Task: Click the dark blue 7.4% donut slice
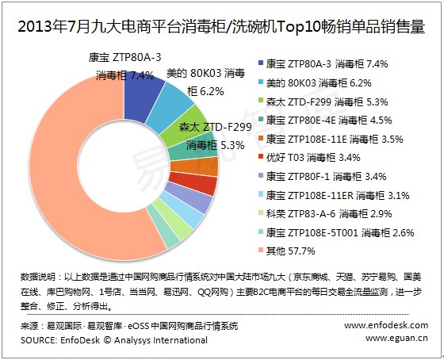pos(142,98)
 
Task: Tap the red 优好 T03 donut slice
pos(194,183)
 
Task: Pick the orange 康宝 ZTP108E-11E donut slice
pos(195,167)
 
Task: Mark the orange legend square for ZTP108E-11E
pos(261,139)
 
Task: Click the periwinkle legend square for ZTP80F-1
pos(261,176)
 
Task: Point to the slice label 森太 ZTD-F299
pos(215,127)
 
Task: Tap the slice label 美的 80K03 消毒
pos(205,74)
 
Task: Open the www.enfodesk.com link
pos(386,325)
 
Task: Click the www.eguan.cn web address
pos(396,338)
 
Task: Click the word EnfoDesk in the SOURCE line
pos(80,340)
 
